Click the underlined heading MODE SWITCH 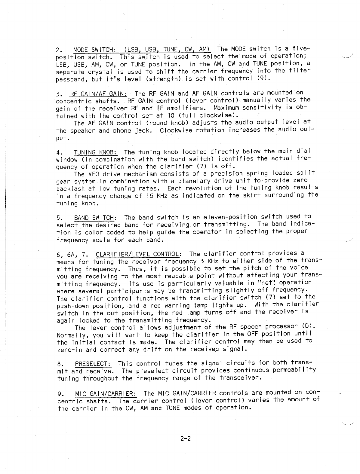pyautogui.click(x=93, y=50)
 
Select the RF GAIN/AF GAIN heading pyautogui.click(x=98, y=93)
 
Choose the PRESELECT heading pyautogui.click(x=93, y=364)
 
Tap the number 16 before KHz pyautogui.click(x=148, y=196)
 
